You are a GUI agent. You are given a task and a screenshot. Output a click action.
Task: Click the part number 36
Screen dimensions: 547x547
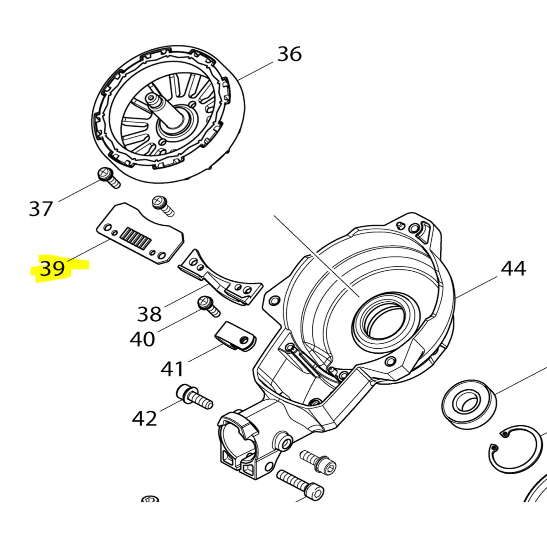pyautogui.click(x=289, y=54)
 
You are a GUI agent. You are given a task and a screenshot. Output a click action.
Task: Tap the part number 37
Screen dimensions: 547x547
pyautogui.click(x=41, y=208)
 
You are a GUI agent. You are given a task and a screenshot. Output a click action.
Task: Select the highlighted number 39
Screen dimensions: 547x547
pyautogui.click(x=53, y=268)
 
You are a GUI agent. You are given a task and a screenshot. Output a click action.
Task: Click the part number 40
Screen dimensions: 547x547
pyautogui.click(x=142, y=339)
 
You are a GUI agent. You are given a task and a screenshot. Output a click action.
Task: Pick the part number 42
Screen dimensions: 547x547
pyautogui.click(x=144, y=418)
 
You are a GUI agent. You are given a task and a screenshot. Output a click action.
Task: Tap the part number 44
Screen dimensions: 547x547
pyautogui.click(x=513, y=268)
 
